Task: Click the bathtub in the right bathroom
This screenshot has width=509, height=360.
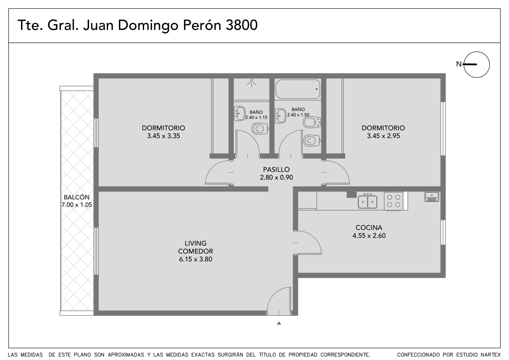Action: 298,89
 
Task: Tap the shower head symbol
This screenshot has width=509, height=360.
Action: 252,83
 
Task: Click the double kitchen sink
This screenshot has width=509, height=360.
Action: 367,201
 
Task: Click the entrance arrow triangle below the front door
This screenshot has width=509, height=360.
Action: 279,323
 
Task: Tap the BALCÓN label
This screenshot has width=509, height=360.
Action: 77,197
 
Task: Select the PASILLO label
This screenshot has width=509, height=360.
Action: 276,169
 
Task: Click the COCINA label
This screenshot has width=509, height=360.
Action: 369,227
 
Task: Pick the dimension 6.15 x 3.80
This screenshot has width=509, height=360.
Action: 195,259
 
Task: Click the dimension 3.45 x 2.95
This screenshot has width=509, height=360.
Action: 383,136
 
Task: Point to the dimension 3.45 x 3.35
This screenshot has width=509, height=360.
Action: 164,136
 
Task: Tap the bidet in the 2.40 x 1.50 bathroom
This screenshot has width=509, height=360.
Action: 312,123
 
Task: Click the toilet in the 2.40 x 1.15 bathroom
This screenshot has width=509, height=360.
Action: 260,129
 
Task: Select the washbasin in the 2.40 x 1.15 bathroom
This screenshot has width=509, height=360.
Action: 240,114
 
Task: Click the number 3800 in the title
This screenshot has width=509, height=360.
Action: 241,25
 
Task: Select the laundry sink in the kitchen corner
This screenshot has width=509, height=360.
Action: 432,197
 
